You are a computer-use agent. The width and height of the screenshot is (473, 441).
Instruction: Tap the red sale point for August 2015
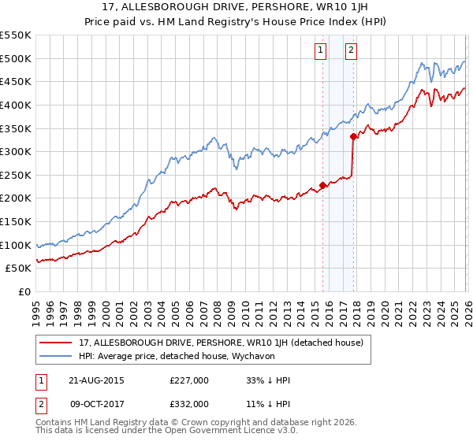[322, 186]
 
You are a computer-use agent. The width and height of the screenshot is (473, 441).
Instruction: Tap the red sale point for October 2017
[353, 137]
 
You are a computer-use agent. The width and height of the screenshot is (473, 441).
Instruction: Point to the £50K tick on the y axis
[20, 269]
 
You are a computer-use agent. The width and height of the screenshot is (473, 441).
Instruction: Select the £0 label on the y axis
[25, 292]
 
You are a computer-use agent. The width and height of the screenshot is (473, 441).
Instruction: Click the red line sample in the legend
[56, 343]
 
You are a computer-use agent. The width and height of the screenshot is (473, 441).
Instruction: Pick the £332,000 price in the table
[189, 403]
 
